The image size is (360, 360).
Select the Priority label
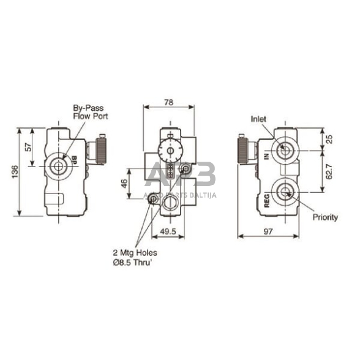(x=325, y=217)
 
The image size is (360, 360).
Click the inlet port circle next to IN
(x=284, y=149)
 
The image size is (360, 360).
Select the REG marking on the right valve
(x=267, y=201)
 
